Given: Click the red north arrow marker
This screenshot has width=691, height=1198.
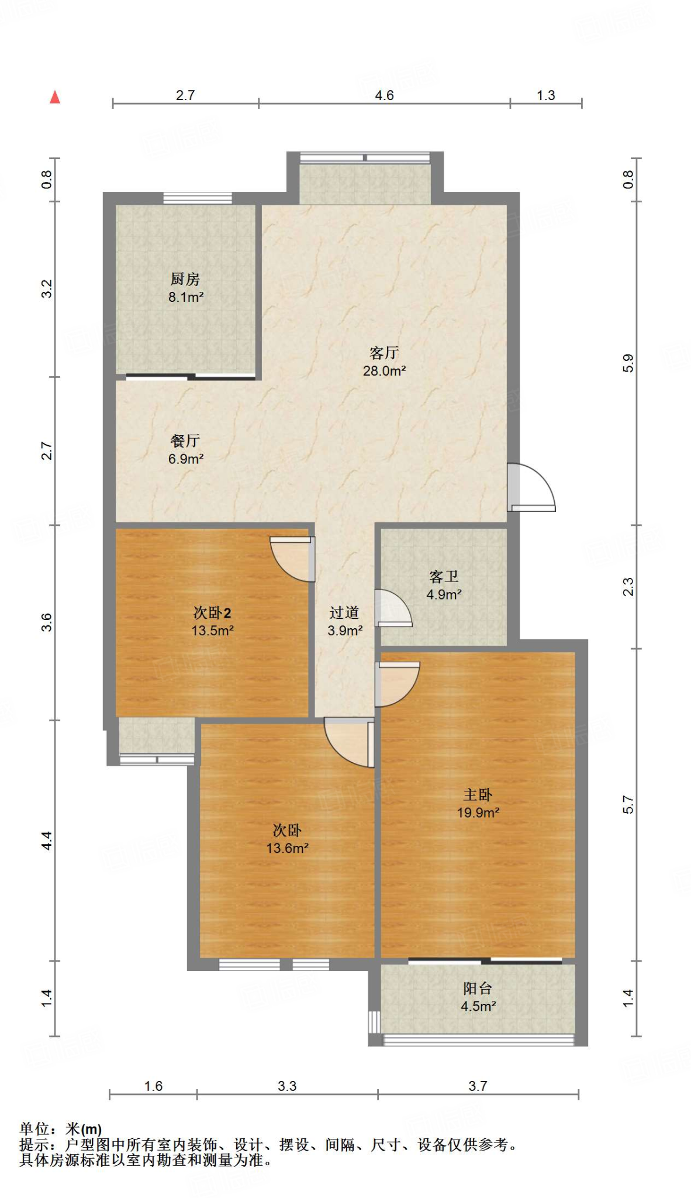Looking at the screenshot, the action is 55,97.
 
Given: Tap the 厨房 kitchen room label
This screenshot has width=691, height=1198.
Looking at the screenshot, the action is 185,279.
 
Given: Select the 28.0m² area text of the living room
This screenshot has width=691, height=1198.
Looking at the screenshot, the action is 384,370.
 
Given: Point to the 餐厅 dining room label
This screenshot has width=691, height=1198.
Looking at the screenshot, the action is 185,440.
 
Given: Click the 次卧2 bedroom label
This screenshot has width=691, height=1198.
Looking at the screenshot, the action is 212,612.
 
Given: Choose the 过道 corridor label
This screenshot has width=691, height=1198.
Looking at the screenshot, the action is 344,612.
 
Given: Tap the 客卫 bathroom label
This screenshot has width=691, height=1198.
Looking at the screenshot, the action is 444,577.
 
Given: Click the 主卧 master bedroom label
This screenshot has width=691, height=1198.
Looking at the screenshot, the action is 478,794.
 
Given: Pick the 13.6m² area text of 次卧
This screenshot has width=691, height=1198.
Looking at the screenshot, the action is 288,848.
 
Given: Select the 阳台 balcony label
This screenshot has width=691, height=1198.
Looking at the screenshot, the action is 478,988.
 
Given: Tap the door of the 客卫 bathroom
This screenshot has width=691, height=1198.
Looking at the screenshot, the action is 393,608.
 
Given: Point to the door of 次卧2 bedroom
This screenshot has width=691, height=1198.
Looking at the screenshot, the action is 292,559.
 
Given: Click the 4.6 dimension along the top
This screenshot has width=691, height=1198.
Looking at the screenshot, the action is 384,95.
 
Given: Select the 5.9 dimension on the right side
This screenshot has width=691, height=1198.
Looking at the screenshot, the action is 628,363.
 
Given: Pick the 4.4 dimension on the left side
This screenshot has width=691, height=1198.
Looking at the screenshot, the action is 47,841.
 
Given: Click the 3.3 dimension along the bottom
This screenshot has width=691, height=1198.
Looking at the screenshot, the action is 287,1086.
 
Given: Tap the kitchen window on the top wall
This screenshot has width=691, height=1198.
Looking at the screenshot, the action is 198,198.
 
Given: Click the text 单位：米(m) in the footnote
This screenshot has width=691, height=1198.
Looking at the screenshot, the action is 61,1129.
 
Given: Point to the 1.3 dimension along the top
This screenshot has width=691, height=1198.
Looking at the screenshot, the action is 546,95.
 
